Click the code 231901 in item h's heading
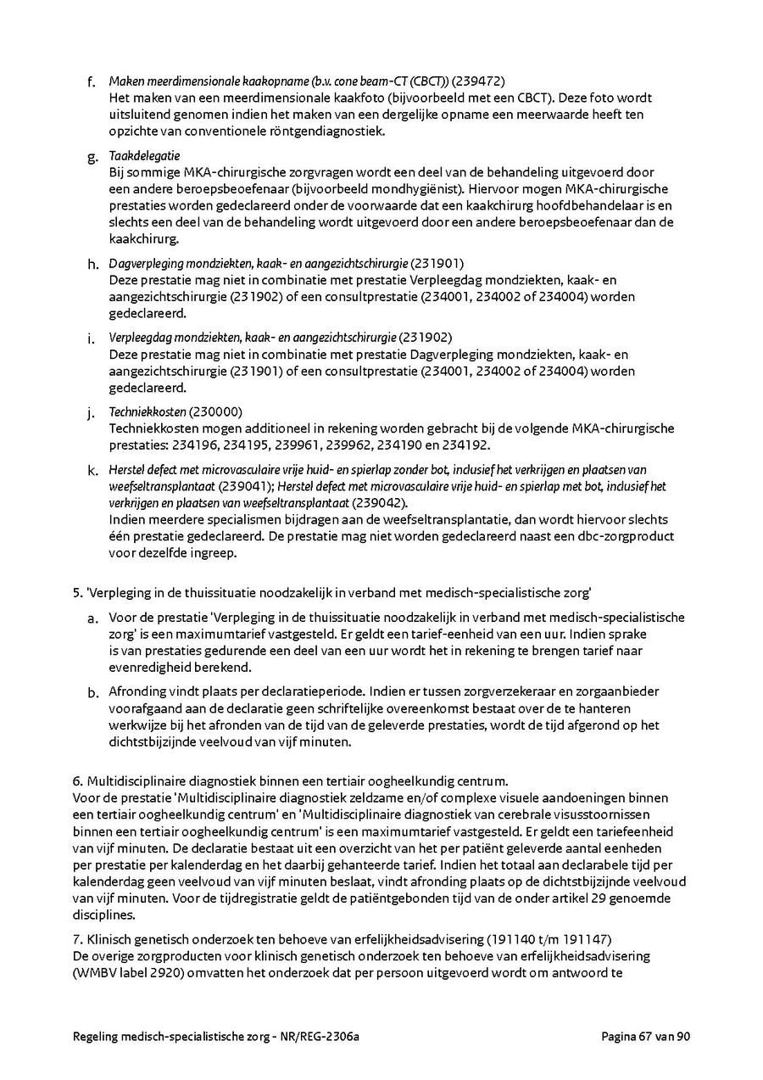click(x=438, y=263)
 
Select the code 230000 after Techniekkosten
click(x=216, y=411)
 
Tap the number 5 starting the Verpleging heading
click(x=76, y=585)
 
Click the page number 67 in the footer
click(x=647, y=1036)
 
